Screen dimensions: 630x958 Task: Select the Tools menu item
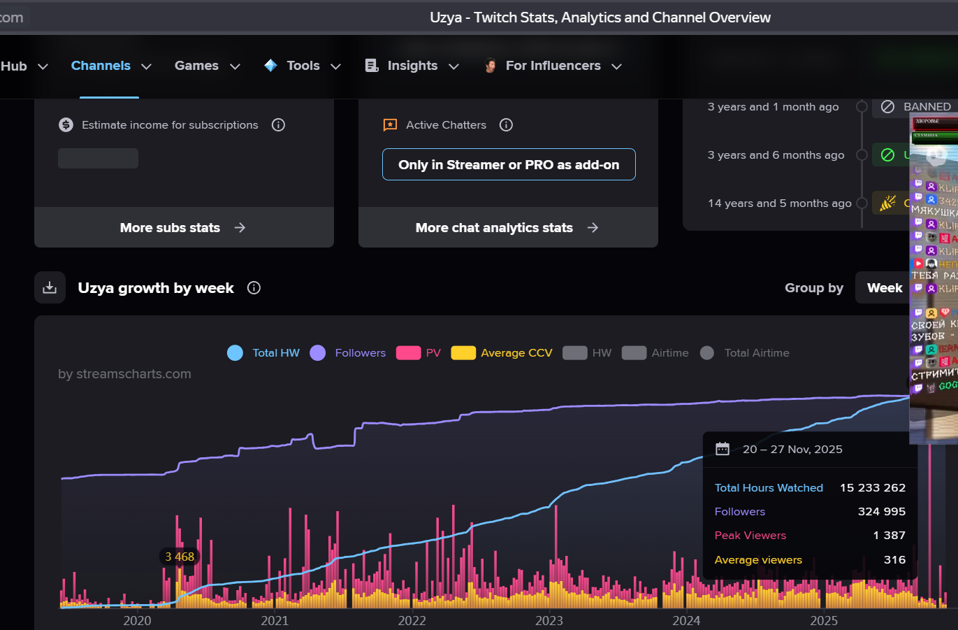click(x=303, y=66)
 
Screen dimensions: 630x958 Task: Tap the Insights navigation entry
click(x=412, y=66)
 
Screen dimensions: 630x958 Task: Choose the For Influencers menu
click(x=553, y=66)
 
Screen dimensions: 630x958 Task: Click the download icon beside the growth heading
click(x=50, y=288)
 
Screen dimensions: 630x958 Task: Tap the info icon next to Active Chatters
click(x=506, y=125)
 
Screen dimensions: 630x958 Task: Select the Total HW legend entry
click(x=263, y=353)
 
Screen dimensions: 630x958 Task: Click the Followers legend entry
click(x=348, y=353)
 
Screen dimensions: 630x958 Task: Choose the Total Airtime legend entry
click(x=745, y=353)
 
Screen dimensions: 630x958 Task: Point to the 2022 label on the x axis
click(x=412, y=621)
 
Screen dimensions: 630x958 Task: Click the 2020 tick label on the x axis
click(x=137, y=621)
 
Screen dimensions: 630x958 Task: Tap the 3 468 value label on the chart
click(x=180, y=557)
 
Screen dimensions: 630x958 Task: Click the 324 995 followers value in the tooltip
click(x=881, y=512)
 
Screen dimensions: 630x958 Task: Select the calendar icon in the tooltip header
click(x=723, y=449)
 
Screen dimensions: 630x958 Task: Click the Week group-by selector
click(x=884, y=288)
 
